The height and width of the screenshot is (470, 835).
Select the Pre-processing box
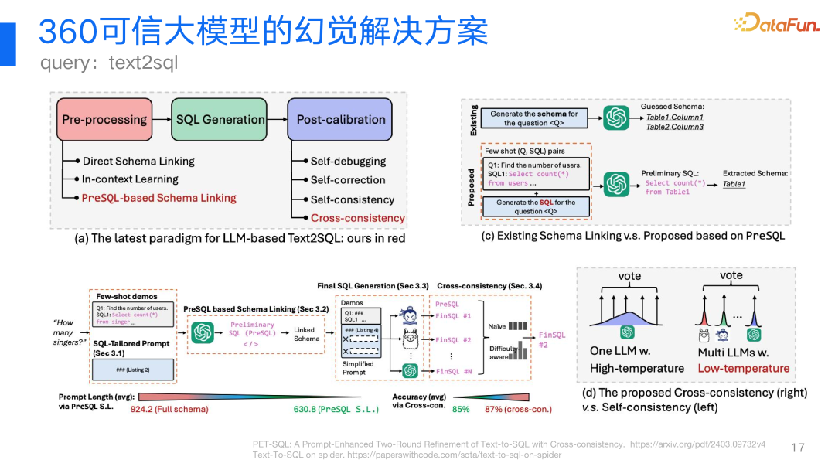104,119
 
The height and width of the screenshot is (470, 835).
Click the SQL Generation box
220,119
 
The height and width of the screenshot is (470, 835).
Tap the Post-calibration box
341,119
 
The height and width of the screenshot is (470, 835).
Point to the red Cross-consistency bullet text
357,218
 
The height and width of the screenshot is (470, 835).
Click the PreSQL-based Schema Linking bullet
158,198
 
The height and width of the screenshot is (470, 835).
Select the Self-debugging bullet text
348,161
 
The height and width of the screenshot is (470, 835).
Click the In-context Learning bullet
130,179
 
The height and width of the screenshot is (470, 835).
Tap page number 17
798,448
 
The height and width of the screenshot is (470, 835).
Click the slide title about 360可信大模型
263,32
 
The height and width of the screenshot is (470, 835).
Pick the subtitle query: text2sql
109,63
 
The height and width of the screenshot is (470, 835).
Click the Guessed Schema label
672,107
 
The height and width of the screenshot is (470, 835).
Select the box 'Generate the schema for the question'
534,118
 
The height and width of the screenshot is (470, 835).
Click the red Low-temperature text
744,368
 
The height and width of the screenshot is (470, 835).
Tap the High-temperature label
637,368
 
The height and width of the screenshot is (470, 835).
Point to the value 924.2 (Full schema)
169,410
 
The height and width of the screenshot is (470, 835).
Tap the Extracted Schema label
755,173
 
